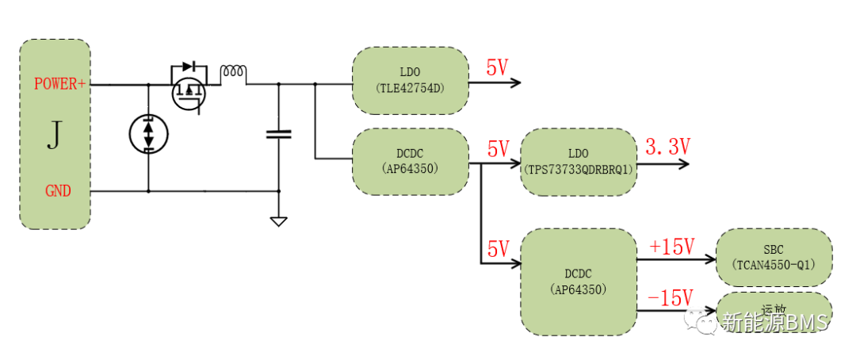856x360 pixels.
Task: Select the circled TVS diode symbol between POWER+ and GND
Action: [148, 133]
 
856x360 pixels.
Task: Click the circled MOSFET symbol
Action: [189, 93]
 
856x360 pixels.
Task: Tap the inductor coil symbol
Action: [233, 73]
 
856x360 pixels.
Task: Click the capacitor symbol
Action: [278, 135]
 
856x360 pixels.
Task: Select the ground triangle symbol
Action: [278, 221]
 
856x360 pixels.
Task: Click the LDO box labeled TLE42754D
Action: [410, 80]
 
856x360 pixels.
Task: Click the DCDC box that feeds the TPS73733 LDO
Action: [410, 161]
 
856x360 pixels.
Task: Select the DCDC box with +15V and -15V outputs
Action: [578, 281]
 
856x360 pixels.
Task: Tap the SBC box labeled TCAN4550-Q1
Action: [774, 257]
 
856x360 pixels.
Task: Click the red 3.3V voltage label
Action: [668, 147]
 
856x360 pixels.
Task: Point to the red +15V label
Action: [671, 246]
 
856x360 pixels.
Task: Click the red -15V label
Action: [670, 297]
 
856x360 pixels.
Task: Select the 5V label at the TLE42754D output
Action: [497, 68]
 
